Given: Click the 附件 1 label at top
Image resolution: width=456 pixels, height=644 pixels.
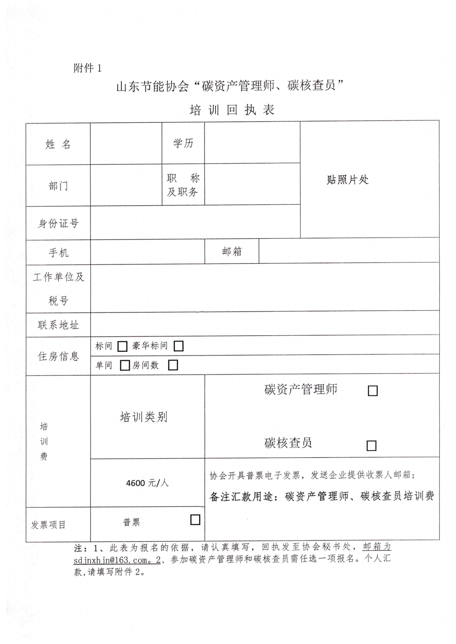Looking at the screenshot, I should point(88,68).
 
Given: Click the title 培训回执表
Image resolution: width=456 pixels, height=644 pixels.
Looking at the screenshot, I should point(232,110).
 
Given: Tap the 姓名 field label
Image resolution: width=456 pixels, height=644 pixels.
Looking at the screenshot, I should point(58,144).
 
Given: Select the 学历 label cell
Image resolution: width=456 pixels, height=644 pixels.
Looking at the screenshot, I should point(183,143).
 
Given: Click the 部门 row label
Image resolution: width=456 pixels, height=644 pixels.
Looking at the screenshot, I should point(58,186).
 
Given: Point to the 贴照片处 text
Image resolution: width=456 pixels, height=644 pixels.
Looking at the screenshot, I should point(348,180).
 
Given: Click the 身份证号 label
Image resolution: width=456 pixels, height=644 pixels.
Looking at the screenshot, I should point(58,223).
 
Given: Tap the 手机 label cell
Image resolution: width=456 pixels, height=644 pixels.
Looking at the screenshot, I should point(58,253).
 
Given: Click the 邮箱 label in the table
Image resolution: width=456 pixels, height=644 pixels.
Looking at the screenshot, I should point(232,252).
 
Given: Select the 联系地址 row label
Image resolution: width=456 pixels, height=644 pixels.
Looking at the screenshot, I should point(58,325).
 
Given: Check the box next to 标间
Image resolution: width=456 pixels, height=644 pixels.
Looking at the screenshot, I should point(122,346).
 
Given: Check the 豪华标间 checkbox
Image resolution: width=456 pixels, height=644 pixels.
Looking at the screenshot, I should point(178,346).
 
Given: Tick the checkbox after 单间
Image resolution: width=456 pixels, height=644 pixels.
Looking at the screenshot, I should point(125,365).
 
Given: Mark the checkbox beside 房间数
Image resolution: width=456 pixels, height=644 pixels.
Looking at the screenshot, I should point(173,365).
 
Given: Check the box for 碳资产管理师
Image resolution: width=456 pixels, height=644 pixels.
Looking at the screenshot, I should point(373,391).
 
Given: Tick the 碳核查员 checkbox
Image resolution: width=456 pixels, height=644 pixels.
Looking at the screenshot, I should point(371,446).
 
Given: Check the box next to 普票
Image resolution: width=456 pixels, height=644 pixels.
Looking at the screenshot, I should point(195,520).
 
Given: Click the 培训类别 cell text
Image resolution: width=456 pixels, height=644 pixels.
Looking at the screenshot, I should point(143,417).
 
